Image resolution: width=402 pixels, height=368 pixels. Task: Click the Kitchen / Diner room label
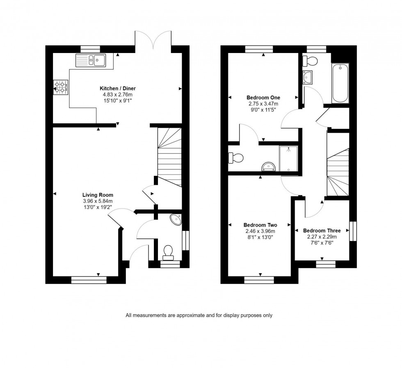[118, 88]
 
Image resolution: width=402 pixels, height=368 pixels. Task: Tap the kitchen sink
[91, 60]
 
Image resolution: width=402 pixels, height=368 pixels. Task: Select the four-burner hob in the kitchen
[60, 87]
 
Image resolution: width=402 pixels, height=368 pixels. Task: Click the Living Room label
[98, 195]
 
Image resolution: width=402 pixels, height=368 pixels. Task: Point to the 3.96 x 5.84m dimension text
[98, 201]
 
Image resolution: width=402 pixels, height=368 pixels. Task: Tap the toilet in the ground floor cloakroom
[168, 252]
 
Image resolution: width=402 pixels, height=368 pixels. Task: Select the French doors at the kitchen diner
[153, 41]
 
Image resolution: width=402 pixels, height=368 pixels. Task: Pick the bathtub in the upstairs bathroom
[340, 83]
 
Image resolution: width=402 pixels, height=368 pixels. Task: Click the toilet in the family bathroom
[310, 61]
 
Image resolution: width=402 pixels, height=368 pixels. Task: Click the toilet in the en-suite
[237, 157]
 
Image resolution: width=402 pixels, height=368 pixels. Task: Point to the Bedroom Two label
[260, 225]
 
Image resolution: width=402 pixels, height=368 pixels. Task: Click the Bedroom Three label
[322, 231]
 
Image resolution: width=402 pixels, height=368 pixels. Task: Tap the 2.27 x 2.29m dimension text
[322, 237]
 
